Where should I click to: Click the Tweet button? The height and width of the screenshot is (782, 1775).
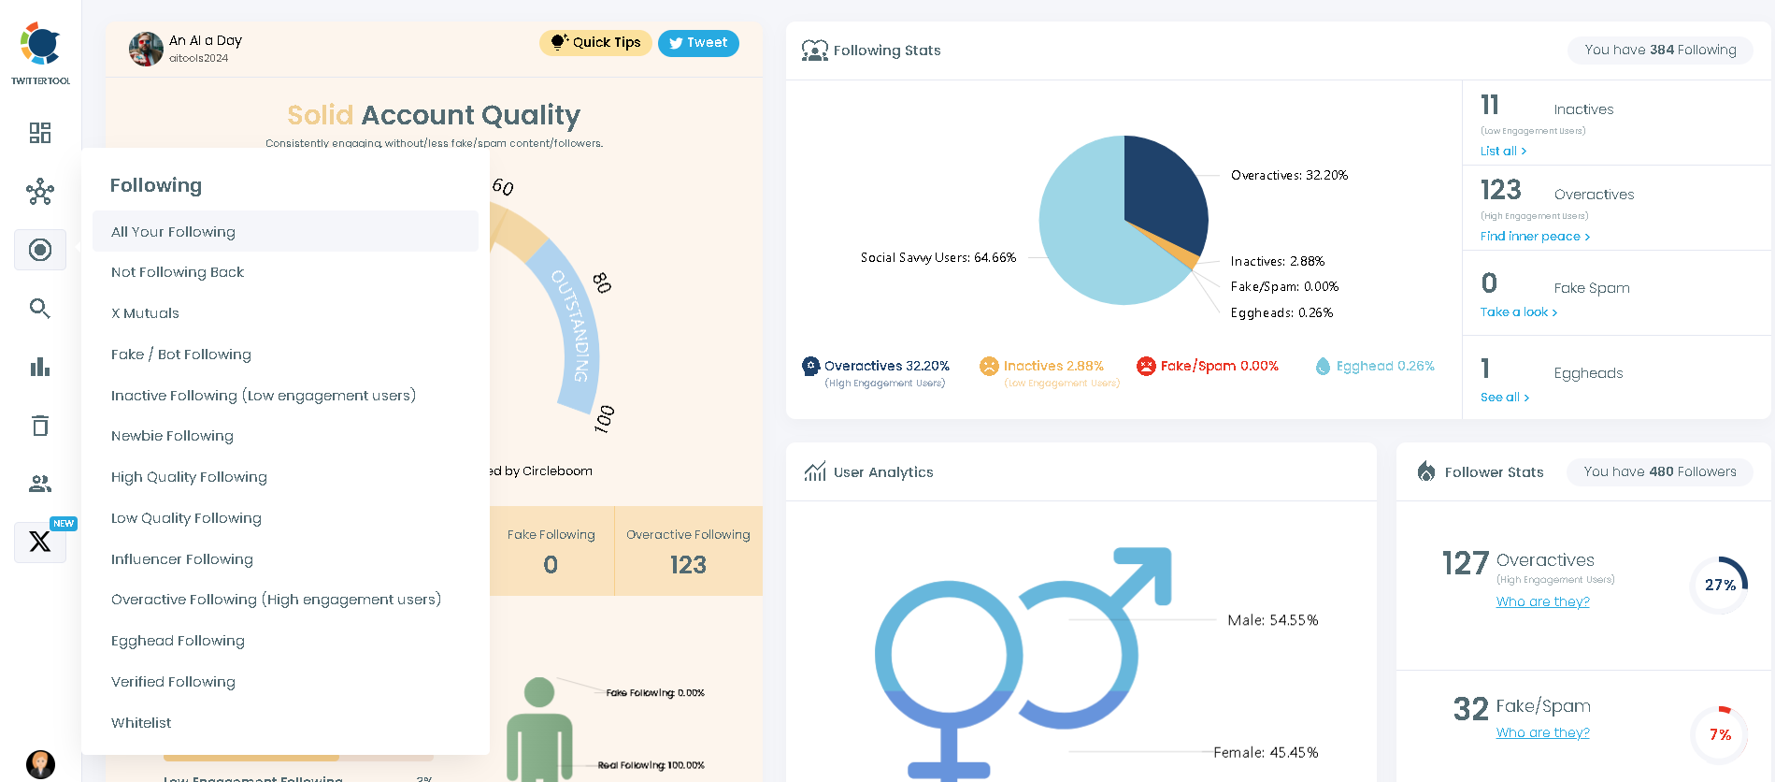698,43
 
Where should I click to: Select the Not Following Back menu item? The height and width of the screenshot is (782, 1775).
178,272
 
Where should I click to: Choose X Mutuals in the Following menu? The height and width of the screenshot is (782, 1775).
145,313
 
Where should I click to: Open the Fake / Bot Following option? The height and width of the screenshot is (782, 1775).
181,355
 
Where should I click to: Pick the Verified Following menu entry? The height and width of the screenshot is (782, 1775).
173,682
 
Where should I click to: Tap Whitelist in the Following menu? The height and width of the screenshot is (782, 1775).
141,723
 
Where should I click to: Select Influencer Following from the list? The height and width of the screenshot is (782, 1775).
182,559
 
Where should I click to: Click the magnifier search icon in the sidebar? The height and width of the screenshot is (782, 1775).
39,309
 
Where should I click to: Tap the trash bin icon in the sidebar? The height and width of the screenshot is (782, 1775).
39,426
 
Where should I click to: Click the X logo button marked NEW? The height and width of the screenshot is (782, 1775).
39,542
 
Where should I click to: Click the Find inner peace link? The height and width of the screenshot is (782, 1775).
1534,237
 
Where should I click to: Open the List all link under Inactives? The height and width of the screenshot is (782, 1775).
1503,152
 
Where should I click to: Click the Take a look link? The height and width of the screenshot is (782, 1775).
1518,312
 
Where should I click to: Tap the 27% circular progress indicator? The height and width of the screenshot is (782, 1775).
1719,586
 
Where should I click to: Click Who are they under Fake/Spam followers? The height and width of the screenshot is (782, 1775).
1542,733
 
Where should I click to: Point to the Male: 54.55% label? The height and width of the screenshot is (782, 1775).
1272,620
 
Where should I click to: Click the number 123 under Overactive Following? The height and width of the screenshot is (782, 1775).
688,565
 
